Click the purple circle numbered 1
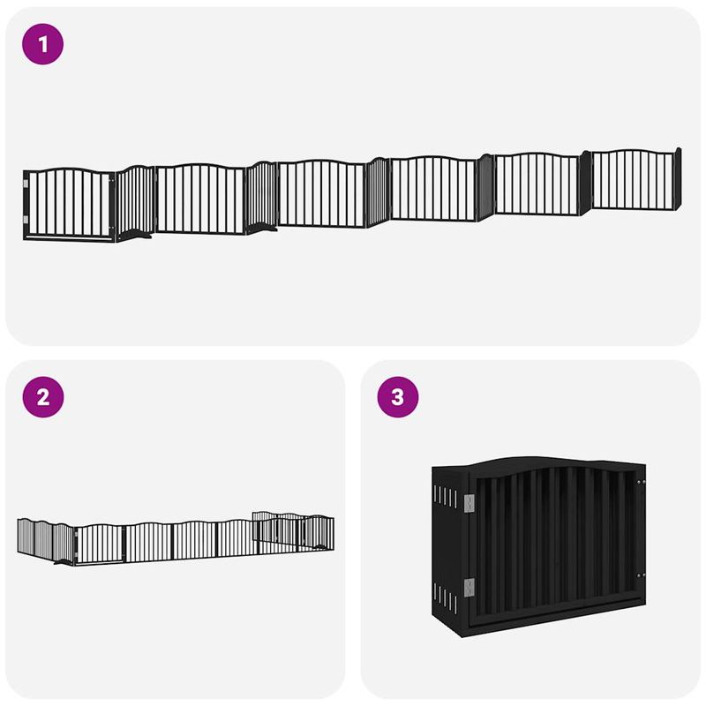click(x=43, y=44)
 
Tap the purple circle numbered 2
click(x=43, y=398)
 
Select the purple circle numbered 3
click(x=398, y=398)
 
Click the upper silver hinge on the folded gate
click(x=469, y=501)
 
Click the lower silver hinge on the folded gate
click(x=469, y=587)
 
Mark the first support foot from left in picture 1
click(x=136, y=235)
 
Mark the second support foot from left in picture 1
click(x=262, y=229)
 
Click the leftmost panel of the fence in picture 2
click(x=34, y=537)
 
